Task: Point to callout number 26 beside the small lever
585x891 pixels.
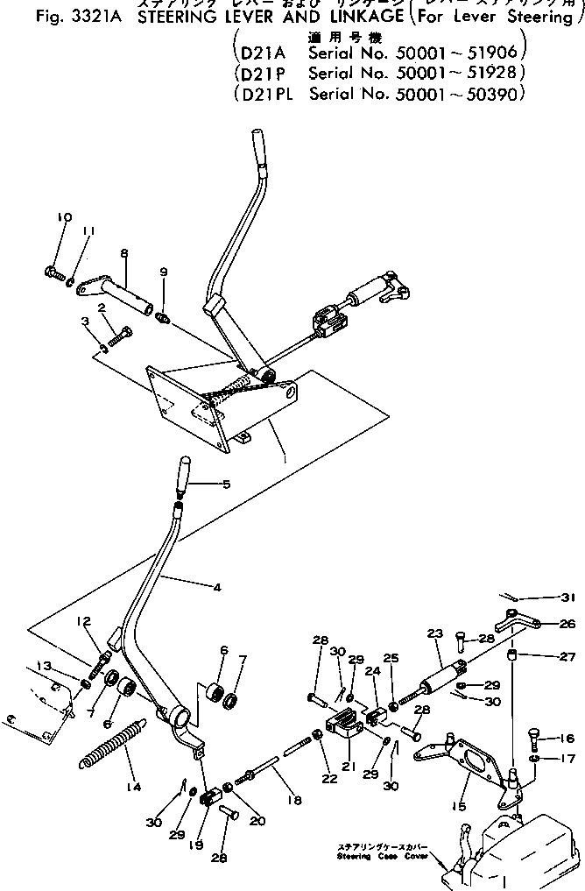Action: click(x=567, y=625)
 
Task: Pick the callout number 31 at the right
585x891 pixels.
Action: click(x=569, y=598)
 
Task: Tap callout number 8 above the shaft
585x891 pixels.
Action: click(x=124, y=252)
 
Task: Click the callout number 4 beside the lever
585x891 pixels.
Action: click(x=216, y=587)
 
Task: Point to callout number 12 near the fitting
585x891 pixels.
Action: click(x=83, y=622)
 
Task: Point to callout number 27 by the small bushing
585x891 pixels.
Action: click(x=567, y=657)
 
